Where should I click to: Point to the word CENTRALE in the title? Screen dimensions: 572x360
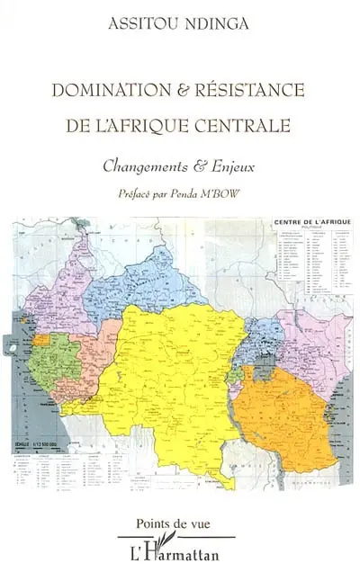[x=246, y=124]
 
